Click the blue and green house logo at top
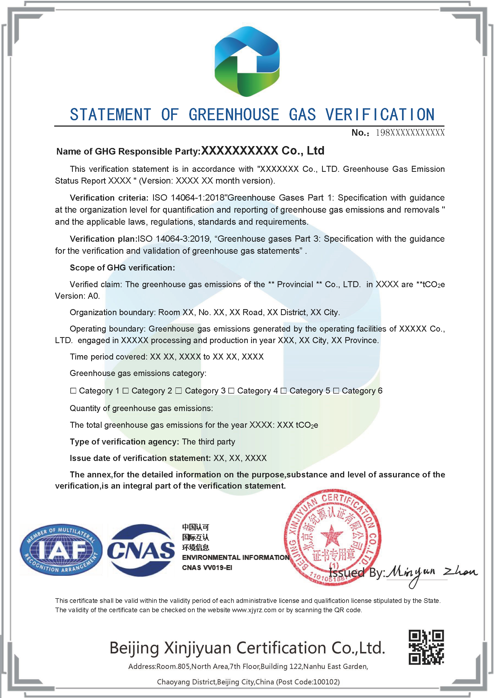click(247, 61)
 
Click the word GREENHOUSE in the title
click(234, 115)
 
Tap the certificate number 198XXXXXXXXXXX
click(410, 133)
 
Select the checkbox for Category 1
click(73, 391)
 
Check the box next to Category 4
click(231, 391)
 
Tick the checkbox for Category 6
click(336, 391)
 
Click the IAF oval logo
click(61, 549)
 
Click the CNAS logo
click(141, 550)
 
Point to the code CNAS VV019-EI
click(207, 568)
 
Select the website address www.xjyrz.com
click(254, 610)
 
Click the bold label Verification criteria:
click(109, 198)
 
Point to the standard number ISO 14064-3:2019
click(174, 239)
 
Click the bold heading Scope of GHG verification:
click(122, 267)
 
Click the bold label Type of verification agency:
click(124, 442)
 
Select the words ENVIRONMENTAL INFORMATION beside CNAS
click(235, 557)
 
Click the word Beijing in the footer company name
click(134, 648)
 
